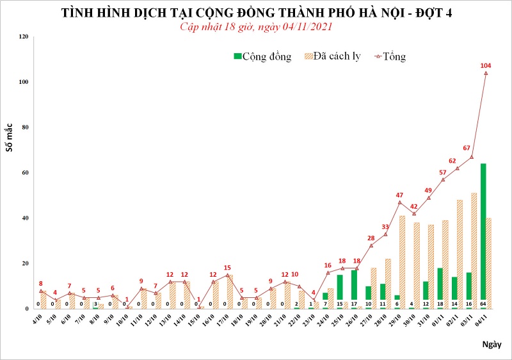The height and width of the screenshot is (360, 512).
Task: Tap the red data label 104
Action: (x=486, y=65)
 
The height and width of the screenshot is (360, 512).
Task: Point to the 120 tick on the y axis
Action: (x=24, y=37)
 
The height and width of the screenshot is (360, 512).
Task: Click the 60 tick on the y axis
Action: (x=26, y=173)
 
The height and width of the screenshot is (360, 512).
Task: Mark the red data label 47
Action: (x=400, y=195)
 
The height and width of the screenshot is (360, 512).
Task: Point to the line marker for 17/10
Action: (x=227, y=275)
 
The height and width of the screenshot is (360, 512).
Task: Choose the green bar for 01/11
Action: (x=440, y=288)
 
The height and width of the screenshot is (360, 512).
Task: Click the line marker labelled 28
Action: (x=371, y=245)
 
